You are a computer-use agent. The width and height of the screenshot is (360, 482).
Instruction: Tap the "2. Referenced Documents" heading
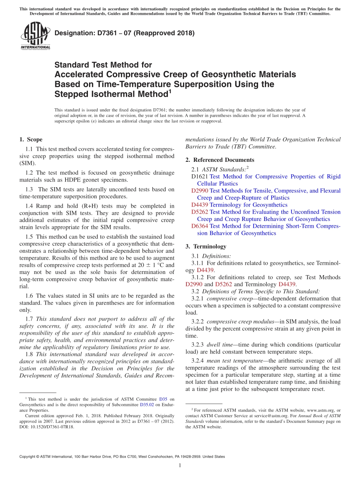tap(220, 160)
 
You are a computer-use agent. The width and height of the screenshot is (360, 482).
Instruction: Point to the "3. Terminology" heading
tap(206, 246)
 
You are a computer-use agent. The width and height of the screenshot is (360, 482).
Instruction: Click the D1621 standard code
tap(200, 177)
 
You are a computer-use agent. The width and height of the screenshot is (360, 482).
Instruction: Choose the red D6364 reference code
tap(200, 226)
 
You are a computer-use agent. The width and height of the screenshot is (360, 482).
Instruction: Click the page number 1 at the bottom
tap(180, 466)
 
